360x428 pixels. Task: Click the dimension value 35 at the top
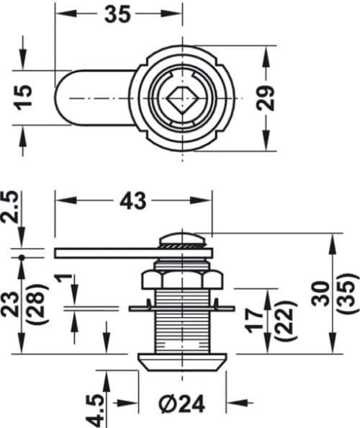click(118, 14)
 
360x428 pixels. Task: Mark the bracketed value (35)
click(350, 293)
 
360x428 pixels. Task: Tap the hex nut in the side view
click(181, 280)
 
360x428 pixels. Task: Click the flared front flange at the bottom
click(181, 361)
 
